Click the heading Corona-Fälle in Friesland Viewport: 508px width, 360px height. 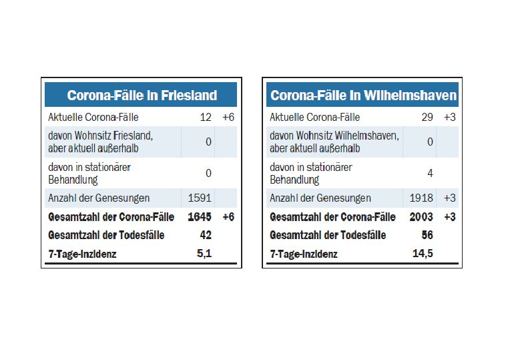(142, 96)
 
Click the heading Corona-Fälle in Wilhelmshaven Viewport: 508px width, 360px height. (363, 96)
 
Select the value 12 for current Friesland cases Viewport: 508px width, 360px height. (205, 118)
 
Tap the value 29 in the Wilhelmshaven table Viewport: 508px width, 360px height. (427, 118)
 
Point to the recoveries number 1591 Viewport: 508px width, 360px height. (200, 198)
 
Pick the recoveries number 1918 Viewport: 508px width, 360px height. (421, 198)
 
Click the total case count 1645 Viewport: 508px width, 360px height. (200, 216)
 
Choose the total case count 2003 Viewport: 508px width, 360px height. (421, 216)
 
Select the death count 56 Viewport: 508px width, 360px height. (427, 234)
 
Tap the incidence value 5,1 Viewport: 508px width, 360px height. (204, 253)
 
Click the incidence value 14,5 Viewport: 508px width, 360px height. (423, 253)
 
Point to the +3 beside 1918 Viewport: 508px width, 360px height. (449, 198)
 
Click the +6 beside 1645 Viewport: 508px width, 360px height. (228, 216)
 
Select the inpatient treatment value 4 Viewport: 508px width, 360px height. (430, 173)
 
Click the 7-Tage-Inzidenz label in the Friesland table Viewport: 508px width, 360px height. (82, 254)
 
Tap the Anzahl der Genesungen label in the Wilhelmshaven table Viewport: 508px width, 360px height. (320, 198)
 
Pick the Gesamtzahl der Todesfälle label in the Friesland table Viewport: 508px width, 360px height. (106, 235)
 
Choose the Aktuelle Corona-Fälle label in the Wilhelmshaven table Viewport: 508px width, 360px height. (314, 118)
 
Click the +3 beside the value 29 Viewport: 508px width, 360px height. (449, 118)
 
